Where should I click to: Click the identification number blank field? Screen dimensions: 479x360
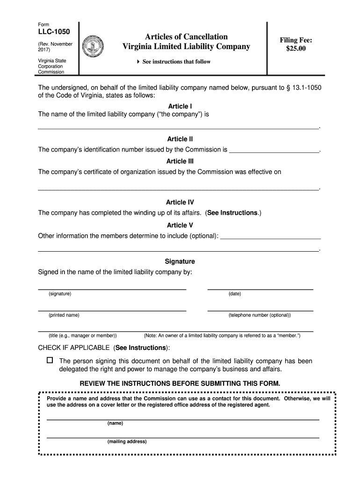tap(274, 150)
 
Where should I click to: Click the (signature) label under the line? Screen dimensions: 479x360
tap(60, 294)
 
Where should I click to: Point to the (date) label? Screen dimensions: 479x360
tap(235, 294)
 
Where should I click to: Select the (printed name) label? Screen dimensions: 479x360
tap(64, 315)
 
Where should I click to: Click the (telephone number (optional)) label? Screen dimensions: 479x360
tap(259, 315)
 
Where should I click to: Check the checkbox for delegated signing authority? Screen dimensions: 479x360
tap(50, 361)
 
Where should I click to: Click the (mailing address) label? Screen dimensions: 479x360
tap(127, 442)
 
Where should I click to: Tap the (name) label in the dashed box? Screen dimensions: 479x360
tap(115, 423)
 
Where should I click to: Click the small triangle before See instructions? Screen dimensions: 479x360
tap(138, 62)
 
